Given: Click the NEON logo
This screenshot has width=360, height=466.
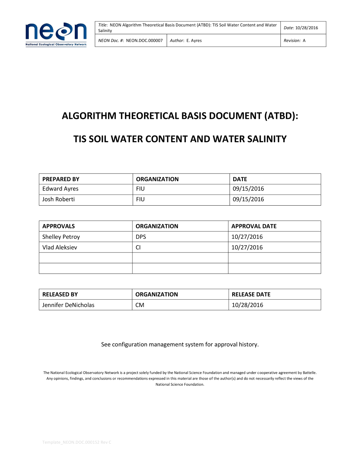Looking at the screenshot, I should (x=56, y=34).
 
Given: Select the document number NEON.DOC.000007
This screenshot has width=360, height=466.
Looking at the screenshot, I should (x=144, y=41).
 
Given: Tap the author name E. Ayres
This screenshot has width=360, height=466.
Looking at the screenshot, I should (x=194, y=41).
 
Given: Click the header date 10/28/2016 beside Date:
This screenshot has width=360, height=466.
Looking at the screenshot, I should (x=307, y=28).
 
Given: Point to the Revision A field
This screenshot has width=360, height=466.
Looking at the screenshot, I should (x=294, y=41).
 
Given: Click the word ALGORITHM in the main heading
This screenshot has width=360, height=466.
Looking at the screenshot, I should (x=89, y=116).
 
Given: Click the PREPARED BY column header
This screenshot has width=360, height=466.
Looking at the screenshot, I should (x=61, y=179).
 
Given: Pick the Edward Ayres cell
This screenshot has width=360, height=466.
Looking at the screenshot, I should (x=60, y=189).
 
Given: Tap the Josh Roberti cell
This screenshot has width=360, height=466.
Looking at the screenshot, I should (x=59, y=199).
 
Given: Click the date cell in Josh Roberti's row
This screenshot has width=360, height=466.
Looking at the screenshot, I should (x=248, y=199).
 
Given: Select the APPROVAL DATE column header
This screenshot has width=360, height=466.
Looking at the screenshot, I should (x=254, y=226).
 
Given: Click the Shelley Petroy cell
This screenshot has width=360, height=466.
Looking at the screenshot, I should (x=61, y=237).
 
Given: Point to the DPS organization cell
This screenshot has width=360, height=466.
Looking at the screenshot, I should (x=141, y=237).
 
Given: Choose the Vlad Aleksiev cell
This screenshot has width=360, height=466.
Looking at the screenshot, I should (x=60, y=247).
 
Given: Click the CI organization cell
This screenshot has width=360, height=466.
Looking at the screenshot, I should (x=138, y=247).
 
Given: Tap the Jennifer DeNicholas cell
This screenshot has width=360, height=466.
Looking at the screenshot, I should (x=68, y=305).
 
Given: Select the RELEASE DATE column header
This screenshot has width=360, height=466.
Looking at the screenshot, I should (x=251, y=294).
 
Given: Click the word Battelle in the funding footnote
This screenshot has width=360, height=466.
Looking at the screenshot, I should (x=309, y=373).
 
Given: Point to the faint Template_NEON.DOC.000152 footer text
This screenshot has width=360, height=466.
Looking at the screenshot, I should (x=77, y=442).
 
